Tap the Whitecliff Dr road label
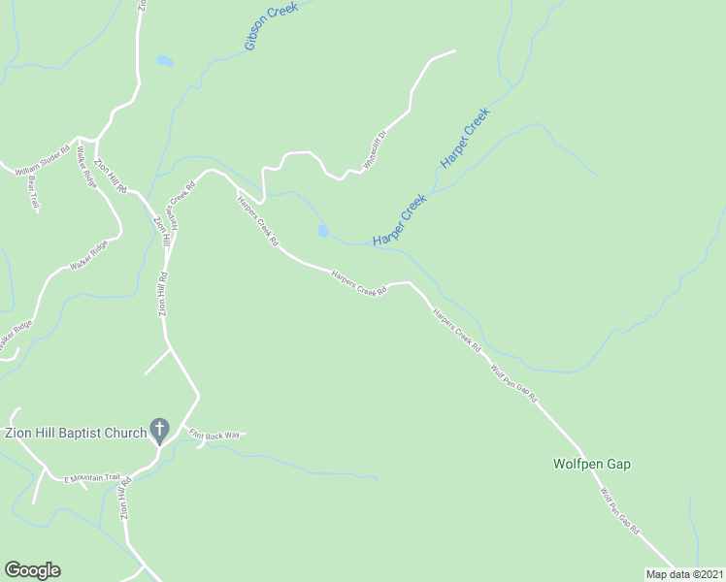coord(375,150)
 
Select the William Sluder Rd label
coord(41,162)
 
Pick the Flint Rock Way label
coord(214,435)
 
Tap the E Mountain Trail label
coord(91,478)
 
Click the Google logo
coord(32,570)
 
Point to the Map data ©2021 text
coord(684,574)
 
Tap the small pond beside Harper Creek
coord(321,231)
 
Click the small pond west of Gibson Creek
coord(165,61)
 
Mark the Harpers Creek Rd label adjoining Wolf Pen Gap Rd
coord(456,331)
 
